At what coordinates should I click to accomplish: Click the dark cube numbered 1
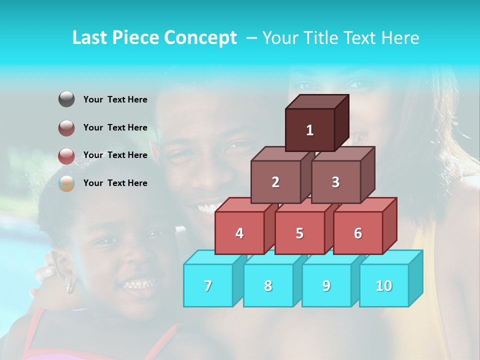pos(310,130)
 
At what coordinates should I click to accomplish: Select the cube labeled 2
pos(275,182)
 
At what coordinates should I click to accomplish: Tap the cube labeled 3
pos(335,182)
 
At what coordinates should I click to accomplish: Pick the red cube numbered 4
pos(239,233)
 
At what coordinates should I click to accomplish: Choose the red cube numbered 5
pos(299,233)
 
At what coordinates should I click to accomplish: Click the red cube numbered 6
pos(358,233)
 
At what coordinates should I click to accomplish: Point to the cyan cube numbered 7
pos(208,285)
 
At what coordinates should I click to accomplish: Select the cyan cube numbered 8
pos(268,285)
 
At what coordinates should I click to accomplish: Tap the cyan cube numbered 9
pos(326,285)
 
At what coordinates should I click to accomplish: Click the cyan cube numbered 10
pos(384,285)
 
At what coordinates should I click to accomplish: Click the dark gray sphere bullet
pos(66,99)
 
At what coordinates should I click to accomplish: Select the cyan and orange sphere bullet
pos(66,183)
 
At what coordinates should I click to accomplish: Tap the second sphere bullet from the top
pos(66,128)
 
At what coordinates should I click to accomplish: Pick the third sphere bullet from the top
pos(66,156)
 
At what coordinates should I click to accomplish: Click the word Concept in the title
pos(200,38)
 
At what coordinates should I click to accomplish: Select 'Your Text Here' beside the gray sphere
pos(115,99)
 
